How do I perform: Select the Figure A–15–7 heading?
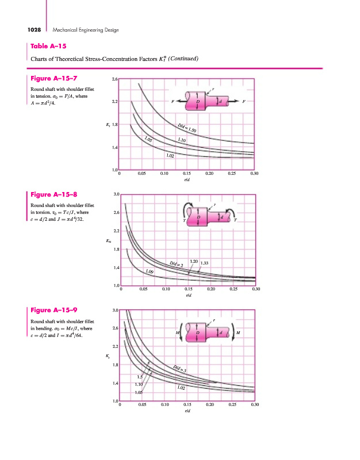(54, 78)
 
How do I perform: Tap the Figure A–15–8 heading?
(54, 194)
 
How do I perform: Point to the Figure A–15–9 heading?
(54, 310)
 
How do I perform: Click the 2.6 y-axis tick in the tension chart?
(114, 79)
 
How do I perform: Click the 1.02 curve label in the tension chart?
(170, 156)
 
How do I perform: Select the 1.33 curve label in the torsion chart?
(205, 263)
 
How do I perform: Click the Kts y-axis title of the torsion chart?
(109, 241)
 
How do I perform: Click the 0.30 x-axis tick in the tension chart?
(254, 173)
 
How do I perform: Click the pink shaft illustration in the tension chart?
(208, 101)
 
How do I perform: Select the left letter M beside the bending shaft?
(179, 332)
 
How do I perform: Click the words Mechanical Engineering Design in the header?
(85, 30)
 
